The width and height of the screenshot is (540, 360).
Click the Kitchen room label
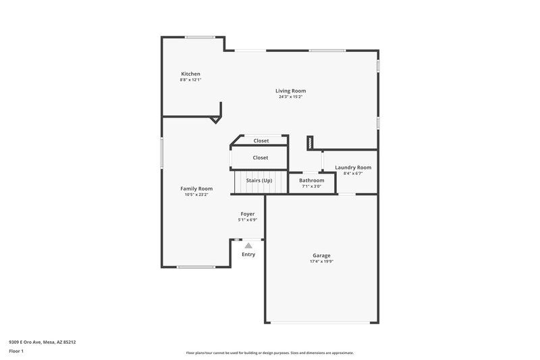tap(190, 74)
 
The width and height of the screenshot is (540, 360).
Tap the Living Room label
tap(290, 91)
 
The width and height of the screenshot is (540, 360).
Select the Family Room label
tap(196, 188)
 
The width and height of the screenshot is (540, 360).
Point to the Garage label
tap(321, 255)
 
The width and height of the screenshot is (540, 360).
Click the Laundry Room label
tap(353, 168)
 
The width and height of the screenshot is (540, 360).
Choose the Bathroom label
tap(312, 180)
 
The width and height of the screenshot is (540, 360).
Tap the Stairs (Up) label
tap(259, 180)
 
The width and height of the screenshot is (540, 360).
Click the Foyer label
tap(248, 213)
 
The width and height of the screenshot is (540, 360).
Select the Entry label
tap(248, 254)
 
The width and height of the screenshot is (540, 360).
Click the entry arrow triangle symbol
tap(248, 246)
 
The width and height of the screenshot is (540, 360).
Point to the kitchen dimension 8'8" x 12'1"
tap(190, 80)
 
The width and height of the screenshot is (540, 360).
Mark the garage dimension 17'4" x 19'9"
tap(321, 261)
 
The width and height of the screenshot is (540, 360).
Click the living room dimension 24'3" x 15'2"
tap(290, 97)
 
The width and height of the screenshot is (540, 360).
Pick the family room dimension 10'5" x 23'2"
tap(196, 195)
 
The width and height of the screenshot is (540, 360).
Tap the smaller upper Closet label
tap(261, 140)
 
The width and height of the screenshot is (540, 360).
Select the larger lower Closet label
tap(261, 157)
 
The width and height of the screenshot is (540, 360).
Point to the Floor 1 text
tap(17, 351)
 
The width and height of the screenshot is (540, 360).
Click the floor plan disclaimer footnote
tap(269, 353)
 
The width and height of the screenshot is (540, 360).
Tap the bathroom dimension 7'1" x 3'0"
tap(312, 186)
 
